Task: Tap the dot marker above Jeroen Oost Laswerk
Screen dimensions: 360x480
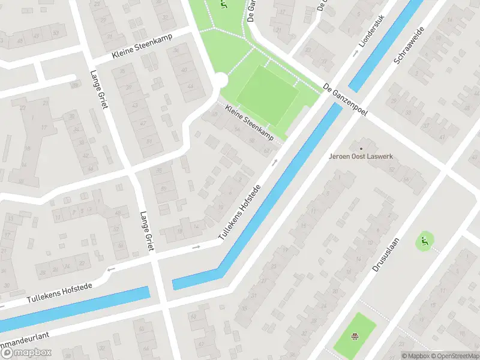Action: tap(361, 148)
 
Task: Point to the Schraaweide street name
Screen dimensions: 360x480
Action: tap(409, 45)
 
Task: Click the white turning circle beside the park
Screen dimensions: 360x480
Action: tap(220, 80)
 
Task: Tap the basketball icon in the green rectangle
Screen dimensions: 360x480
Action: tap(355, 336)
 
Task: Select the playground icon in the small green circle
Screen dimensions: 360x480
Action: tap(425, 242)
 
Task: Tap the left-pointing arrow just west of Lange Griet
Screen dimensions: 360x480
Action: tap(110, 270)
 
